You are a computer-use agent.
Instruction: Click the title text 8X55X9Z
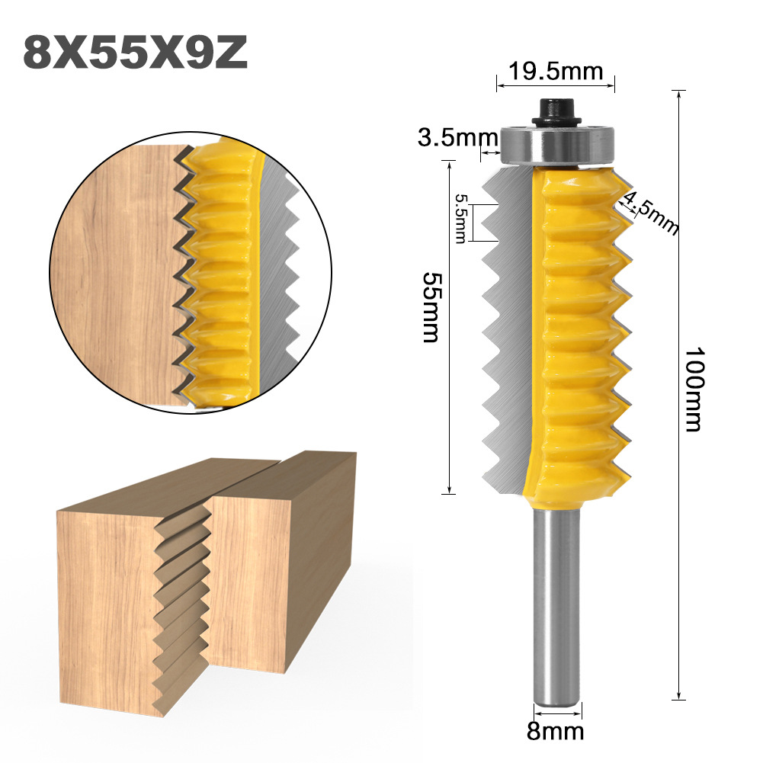(x=135, y=51)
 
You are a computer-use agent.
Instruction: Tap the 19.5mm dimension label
(x=555, y=72)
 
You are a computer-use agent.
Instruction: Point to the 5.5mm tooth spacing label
(x=460, y=218)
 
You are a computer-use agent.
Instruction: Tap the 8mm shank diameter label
(x=556, y=733)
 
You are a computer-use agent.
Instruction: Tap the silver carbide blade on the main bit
(x=507, y=328)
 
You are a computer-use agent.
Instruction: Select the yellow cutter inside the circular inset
(x=221, y=274)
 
